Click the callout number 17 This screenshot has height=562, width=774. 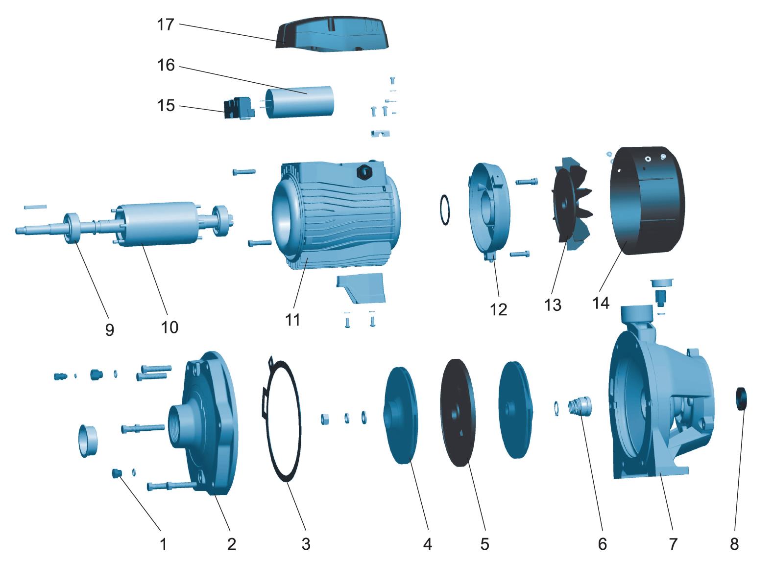point(166,24)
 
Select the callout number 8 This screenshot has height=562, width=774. point(734,543)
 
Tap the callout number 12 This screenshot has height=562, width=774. point(499,309)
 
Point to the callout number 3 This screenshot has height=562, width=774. point(306,543)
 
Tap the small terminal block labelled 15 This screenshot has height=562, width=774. point(239,108)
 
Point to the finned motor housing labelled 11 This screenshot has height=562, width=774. point(338,215)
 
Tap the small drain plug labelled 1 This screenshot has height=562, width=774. point(117,473)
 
